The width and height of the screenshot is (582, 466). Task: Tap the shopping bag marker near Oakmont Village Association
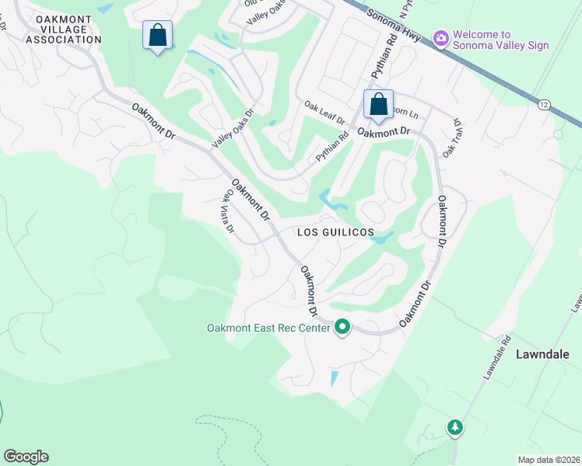click(158, 36)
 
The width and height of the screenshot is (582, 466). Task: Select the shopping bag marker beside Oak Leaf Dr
click(378, 104)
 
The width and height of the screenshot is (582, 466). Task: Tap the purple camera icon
click(441, 37)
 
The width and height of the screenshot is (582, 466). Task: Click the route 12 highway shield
click(543, 104)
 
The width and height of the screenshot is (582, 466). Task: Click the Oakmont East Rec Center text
click(268, 328)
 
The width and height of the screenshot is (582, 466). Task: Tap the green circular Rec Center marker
click(342, 328)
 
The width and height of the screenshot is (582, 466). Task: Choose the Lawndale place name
click(543, 354)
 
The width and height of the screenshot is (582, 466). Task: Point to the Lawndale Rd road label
click(495, 357)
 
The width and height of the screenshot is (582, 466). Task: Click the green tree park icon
click(454, 427)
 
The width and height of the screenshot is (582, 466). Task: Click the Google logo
click(26, 457)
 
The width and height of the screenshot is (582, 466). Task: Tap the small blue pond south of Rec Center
click(335, 379)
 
